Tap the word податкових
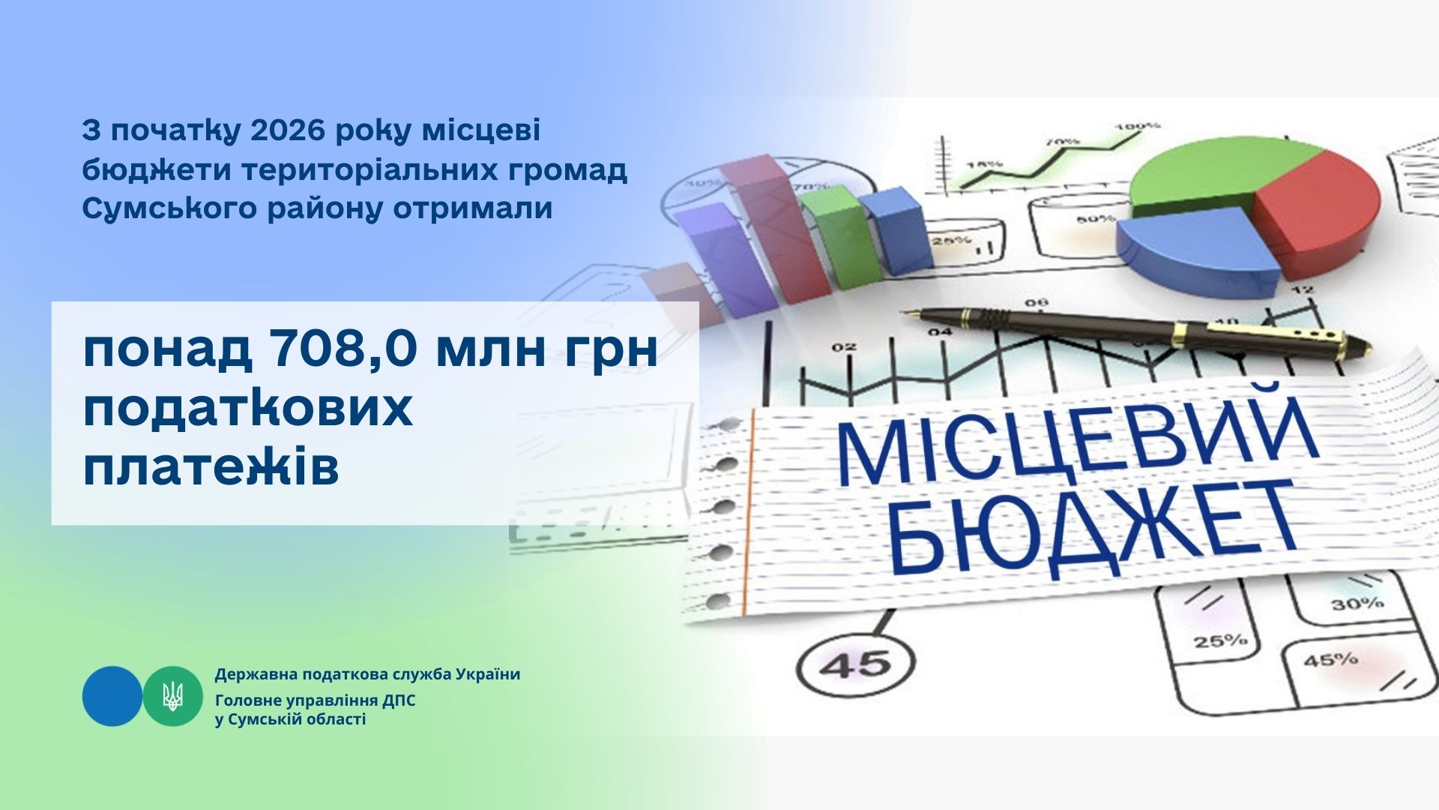click(x=247, y=410)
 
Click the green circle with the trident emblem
click(x=173, y=696)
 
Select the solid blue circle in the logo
click(x=112, y=696)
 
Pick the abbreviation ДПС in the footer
click(x=399, y=701)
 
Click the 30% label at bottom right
click(x=1357, y=604)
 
